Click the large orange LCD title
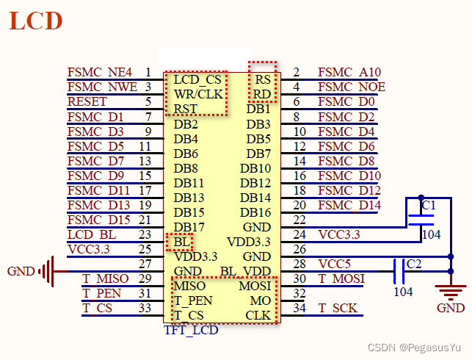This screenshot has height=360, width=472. click(x=35, y=20)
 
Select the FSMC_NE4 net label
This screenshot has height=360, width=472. click(x=99, y=72)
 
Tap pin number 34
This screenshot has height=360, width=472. click(x=299, y=308)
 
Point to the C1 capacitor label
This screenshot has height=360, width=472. click(x=429, y=204)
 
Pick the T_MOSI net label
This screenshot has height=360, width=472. click(x=341, y=278)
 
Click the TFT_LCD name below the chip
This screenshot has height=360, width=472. click(x=190, y=330)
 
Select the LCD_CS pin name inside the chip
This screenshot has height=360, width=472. click(x=197, y=79)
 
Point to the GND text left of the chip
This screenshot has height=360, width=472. click(x=21, y=271)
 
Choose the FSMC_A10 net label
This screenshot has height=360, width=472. click(x=349, y=72)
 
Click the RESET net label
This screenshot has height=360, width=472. click(x=87, y=101)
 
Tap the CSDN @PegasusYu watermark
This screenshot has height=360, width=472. click(x=426, y=346)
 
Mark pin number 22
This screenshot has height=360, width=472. click(x=299, y=220)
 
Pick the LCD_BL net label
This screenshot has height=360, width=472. click(x=90, y=234)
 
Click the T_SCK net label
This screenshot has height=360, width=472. click(x=338, y=308)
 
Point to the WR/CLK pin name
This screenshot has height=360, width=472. click(x=198, y=94)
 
